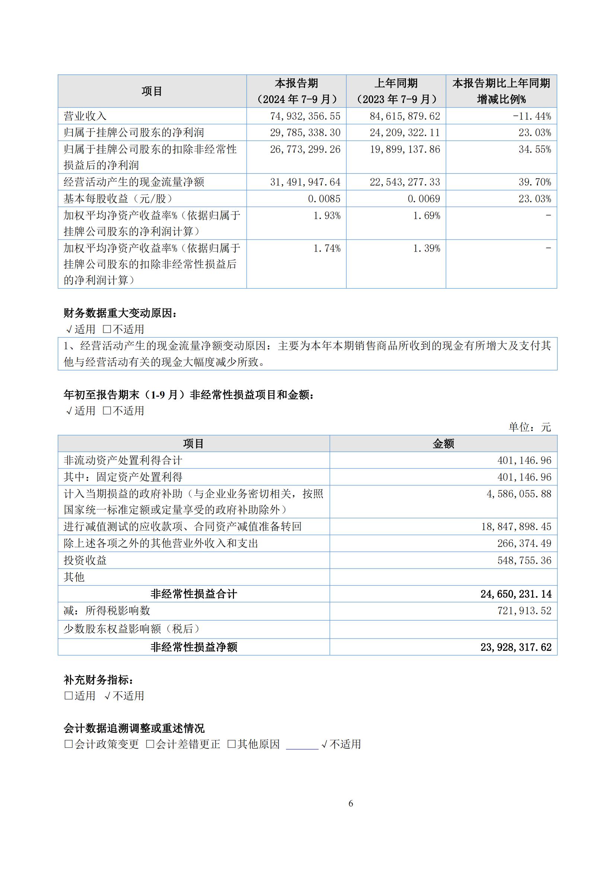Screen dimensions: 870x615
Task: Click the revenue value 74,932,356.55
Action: [305, 116]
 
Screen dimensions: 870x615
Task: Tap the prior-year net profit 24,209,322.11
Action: [405, 132]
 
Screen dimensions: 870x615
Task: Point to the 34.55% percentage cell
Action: [535, 149]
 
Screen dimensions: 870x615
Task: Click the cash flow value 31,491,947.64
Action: [305, 182]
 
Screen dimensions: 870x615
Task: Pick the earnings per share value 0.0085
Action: [324, 199]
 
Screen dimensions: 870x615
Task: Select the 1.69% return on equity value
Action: [426, 215]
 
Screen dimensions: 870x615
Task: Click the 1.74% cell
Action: [327, 249]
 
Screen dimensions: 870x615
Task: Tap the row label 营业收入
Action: [85, 116]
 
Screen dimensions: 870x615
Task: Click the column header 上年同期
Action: [395, 83]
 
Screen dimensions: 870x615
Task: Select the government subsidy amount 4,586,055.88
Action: [519, 494]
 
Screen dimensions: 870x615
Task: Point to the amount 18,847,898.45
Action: [516, 527]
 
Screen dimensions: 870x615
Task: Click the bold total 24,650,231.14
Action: [516, 594]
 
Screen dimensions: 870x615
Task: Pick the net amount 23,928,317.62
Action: [516, 647]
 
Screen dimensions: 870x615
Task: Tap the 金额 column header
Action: [443, 444]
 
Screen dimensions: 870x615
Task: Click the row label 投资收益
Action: [85, 560]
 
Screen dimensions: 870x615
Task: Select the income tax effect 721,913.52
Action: [524, 610]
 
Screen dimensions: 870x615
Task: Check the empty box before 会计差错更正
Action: [150, 744]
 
